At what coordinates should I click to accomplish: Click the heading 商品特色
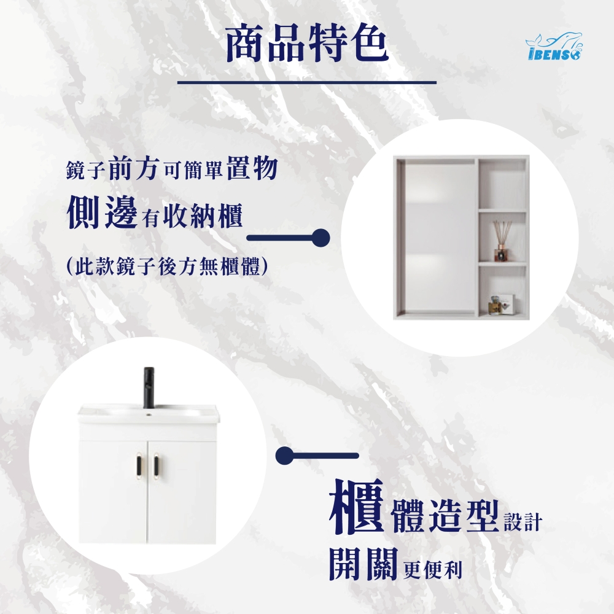[306, 44]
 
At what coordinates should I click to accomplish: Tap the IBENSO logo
[554, 46]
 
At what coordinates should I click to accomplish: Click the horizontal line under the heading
[306, 82]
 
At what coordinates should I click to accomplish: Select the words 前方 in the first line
[133, 169]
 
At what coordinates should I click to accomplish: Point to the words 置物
[252, 168]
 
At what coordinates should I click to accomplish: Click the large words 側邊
[102, 212]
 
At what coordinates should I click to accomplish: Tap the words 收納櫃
[203, 216]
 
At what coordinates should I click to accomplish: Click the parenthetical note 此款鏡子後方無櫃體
[167, 267]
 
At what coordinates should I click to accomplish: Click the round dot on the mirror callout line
[321, 238]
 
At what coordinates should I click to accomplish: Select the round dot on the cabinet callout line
[285, 456]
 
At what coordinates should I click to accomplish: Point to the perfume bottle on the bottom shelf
[494, 305]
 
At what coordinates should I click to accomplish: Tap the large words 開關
[363, 564]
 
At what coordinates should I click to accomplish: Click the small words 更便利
[432, 570]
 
